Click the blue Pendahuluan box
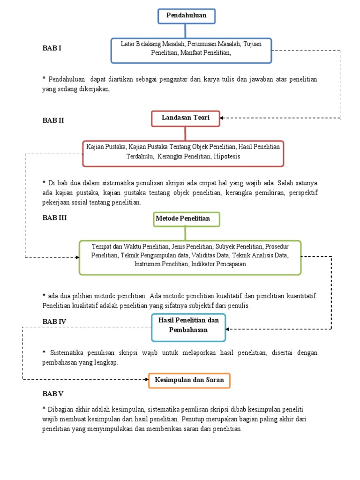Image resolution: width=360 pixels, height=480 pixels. pos(187,15)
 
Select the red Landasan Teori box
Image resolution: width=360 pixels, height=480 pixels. pos(186,118)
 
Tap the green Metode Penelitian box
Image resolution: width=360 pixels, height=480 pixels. pos(186,219)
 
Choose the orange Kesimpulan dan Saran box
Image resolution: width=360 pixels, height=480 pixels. pos(189,380)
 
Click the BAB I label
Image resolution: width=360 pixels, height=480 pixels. pos(52,48)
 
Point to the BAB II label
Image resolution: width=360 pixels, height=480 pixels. pos(53,120)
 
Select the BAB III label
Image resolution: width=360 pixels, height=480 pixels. pos(54,217)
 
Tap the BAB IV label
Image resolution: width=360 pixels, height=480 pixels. pos(54,322)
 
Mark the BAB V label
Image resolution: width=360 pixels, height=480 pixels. pos(53,394)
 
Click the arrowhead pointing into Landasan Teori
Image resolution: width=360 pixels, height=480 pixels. pos(222,118)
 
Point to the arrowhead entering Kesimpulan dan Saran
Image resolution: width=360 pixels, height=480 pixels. pos(146,380)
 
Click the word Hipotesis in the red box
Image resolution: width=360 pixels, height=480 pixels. pos(227,156)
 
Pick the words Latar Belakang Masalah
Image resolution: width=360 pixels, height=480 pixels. pos(152,44)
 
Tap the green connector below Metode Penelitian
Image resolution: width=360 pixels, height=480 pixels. pos(186,233)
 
